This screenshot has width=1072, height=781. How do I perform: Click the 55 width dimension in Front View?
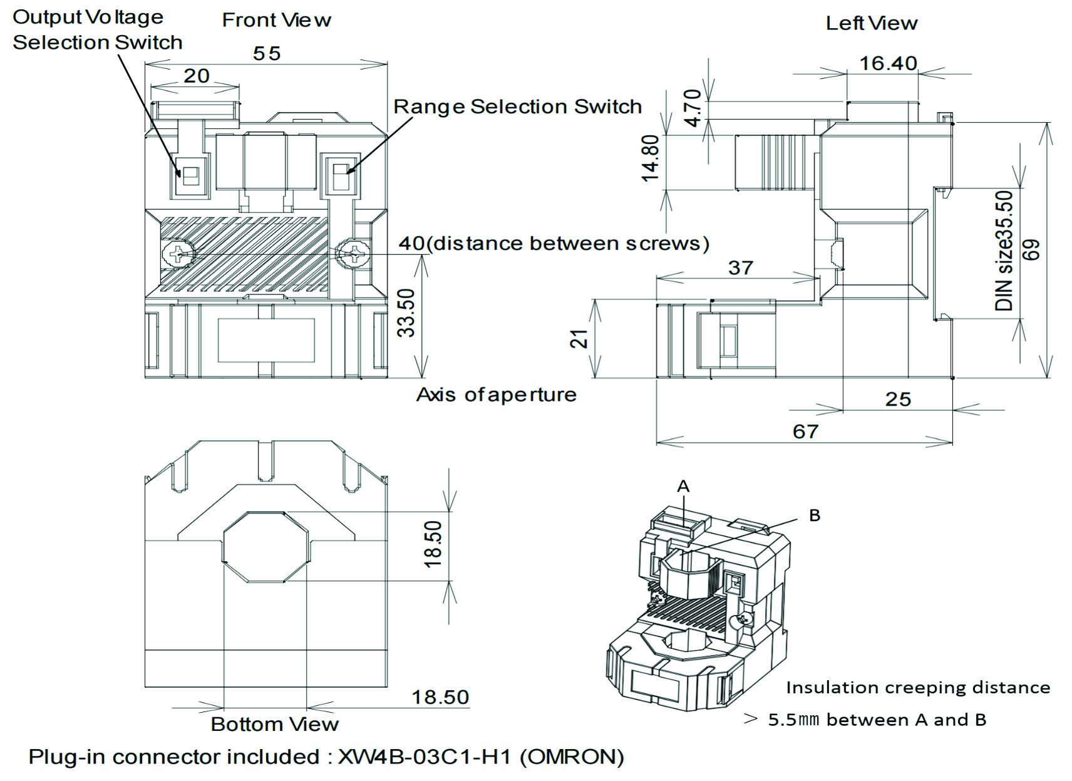point(267,54)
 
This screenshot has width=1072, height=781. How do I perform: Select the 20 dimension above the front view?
point(196,76)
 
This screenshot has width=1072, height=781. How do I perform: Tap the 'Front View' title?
point(276,21)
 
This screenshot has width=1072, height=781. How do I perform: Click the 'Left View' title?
point(871,24)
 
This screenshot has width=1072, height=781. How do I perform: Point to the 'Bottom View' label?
point(274,725)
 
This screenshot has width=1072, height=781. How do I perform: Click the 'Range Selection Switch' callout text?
point(517,107)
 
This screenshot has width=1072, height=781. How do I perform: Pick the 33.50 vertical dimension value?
point(407,313)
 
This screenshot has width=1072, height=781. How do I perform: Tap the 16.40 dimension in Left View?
point(887,63)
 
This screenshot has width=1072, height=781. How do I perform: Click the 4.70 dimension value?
point(693,108)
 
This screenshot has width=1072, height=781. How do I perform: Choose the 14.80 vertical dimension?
point(651,158)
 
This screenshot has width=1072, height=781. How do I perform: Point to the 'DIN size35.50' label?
point(1004,251)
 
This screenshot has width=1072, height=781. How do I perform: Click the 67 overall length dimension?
point(805,432)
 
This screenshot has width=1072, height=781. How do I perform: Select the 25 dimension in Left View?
point(897,400)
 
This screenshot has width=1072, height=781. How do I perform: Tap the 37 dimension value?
point(740,268)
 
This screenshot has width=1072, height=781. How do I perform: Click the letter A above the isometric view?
point(683,486)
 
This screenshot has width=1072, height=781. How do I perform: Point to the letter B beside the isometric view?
point(815,515)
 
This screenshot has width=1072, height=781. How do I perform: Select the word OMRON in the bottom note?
point(572,757)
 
